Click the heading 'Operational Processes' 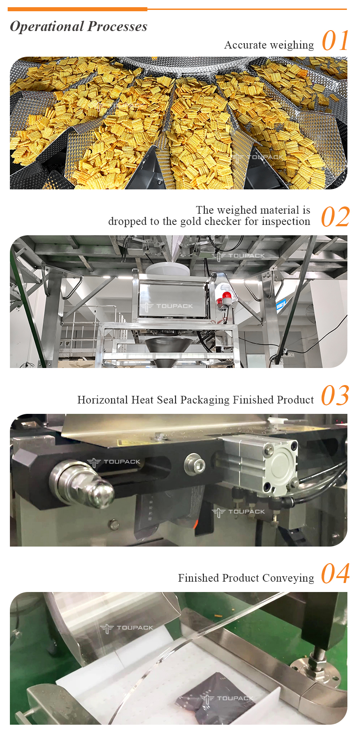79,27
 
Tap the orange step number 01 335,40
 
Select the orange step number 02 335,217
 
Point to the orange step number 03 335,395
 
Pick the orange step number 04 335,574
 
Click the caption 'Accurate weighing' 269,45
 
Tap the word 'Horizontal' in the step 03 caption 103,400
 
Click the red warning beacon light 226,296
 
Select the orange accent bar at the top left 77,9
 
